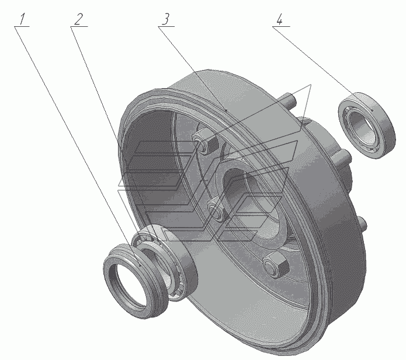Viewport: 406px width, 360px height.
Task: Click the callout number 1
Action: (23, 19)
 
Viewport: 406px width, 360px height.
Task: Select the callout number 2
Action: (79, 19)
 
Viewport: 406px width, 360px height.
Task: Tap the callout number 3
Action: (166, 19)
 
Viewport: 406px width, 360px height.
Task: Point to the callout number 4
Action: (279, 19)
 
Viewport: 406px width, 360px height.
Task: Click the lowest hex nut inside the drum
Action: (276, 264)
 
